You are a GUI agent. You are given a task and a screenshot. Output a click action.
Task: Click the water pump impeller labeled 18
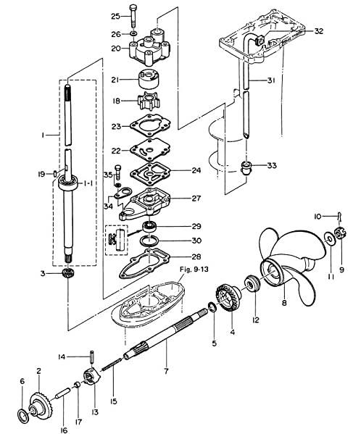[149, 101]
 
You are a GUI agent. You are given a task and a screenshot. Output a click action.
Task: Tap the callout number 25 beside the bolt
[116, 17]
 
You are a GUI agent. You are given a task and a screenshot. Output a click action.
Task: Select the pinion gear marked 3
[67, 273]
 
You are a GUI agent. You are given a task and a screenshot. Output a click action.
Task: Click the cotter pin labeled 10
[340, 217]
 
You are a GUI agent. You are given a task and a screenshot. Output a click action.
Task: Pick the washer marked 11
[330, 238]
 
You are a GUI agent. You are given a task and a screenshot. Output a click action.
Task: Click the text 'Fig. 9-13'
[194, 270]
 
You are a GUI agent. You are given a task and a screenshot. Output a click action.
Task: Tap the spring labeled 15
[112, 364]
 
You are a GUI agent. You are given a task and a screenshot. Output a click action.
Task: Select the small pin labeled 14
[91, 356]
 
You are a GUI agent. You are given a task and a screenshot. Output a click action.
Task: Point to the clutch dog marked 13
[92, 376]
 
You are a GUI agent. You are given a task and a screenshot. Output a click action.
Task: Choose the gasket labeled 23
[150, 125]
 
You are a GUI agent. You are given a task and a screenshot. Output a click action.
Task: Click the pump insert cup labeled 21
[149, 80]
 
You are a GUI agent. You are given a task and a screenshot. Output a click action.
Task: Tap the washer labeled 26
[133, 34]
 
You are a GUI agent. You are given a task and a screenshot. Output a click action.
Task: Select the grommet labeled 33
[245, 167]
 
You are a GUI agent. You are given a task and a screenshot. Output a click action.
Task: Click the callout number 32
[319, 31]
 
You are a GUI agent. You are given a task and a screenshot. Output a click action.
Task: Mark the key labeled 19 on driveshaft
[55, 174]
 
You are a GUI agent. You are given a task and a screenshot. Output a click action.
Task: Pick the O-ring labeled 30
[149, 241]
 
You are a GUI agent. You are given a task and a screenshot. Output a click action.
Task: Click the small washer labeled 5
[212, 307]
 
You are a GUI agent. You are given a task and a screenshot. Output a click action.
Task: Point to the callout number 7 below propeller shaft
[166, 371]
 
